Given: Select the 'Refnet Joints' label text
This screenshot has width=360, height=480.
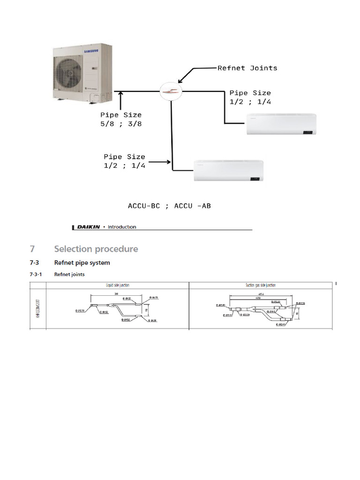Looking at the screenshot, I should point(247,68).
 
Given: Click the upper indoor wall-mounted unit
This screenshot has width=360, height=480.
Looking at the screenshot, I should point(281,125).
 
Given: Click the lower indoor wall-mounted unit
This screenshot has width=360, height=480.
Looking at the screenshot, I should point(229,171).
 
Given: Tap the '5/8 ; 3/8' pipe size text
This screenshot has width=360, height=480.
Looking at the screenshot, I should point(121,124).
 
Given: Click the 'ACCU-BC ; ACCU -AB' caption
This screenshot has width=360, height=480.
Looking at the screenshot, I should point(169,206).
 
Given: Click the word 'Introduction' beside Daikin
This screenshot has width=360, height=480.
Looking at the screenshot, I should point(122,227).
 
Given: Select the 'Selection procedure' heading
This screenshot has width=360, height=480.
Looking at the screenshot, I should point(96,249).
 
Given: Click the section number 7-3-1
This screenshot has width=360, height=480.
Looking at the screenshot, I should point(37,274).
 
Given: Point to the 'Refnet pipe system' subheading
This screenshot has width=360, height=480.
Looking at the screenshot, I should point(82,262).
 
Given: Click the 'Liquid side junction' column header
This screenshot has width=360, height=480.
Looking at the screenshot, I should point(118,285).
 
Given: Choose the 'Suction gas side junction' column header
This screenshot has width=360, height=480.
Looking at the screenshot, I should point(261,285).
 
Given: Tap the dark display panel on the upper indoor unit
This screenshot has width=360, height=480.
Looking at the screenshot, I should point(308,132).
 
